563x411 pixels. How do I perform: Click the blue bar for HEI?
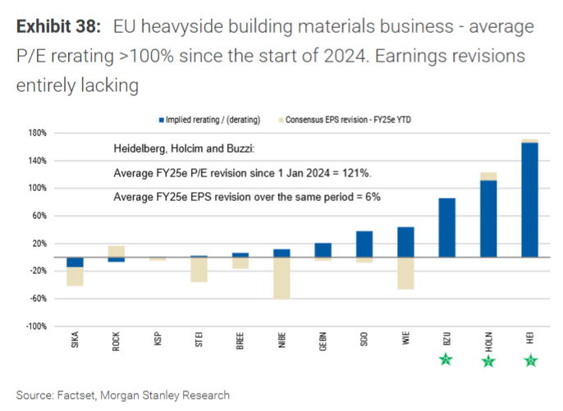pyautogui.click(x=529, y=199)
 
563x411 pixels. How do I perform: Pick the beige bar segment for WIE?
pyautogui.click(x=405, y=273)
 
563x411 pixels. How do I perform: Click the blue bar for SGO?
pyautogui.click(x=364, y=244)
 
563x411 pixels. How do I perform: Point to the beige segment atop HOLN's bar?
pyautogui.click(x=488, y=176)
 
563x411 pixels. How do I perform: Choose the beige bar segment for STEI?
pyautogui.click(x=199, y=270)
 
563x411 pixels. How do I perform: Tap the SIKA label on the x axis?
pyautogui.click(x=76, y=339)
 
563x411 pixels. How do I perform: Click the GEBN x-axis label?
pyautogui.click(x=323, y=340)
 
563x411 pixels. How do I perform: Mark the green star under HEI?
pyautogui.click(x=529, y=360)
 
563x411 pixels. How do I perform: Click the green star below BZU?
pyautogui.click(x=446, y=359)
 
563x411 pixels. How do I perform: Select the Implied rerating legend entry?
pyautogui.click(x=213, y=120)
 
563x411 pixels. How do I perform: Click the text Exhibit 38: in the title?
pyautogui.click(x=59, y=27)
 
